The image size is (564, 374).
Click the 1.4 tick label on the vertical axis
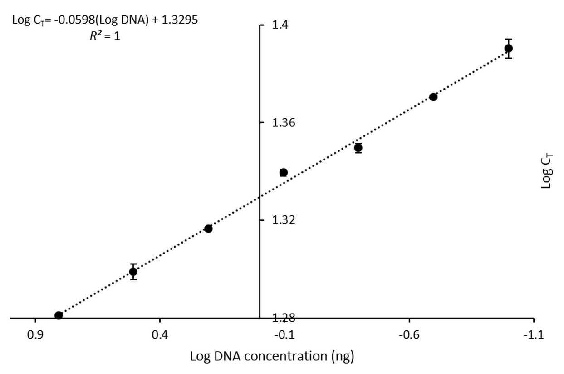coord(280,25)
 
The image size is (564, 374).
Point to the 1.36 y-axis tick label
coord(284,123)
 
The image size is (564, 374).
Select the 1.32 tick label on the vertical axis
coord(284,220)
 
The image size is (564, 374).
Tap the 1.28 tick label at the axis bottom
coord(284,318)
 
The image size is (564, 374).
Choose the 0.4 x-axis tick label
coord(160,335)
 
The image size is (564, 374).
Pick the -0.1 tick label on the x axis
coord(284,335)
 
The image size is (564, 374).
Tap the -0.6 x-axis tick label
coord(409,335)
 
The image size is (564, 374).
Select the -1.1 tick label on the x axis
coord(534,335)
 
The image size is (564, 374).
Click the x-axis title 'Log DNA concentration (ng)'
coord(272,357)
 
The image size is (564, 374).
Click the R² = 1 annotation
coord(105,36)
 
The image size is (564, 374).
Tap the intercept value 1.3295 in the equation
coord(180,20)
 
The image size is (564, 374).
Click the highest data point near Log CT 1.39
coord(508,49)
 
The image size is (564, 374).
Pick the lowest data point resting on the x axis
coord(59,315)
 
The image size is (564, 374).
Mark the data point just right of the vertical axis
coord(284,173)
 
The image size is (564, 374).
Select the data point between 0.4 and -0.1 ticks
coord(208,229)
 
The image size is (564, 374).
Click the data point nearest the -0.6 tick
coord(433,97)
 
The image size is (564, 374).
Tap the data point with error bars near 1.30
coord(133,272)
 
